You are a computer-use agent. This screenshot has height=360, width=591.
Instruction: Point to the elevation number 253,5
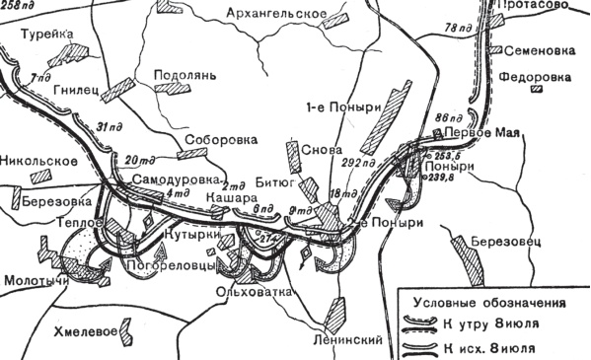(x=446, y=155)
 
